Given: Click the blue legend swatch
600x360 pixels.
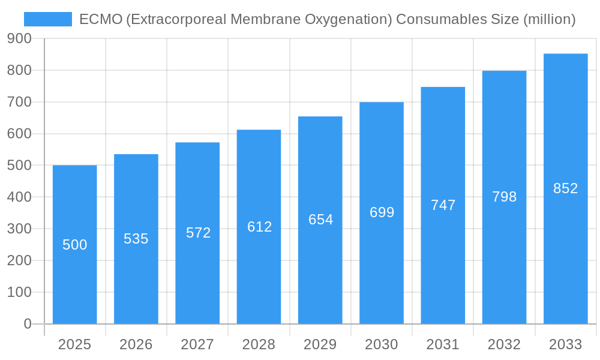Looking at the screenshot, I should pyautogui.click(x=47, y=19).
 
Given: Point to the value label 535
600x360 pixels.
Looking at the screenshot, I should pyautogui.click(x=136, y=239).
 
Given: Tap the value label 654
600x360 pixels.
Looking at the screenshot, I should pyautogui.click(x=320, y=220).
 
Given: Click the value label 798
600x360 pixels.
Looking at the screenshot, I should pyautogui.click(x=504, y=197).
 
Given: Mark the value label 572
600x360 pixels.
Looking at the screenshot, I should pyautogui.click(x=198, y=233).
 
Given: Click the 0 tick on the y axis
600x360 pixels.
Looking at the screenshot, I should pyautogui.click(x=27, y=324).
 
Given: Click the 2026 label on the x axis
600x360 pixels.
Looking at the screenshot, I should pyautogui.click(x=136, y=344).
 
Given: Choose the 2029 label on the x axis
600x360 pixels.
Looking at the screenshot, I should pyautogui.click(x=320, y=344).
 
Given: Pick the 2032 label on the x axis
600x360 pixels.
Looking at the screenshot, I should pyautogui.click(x=504, y=344).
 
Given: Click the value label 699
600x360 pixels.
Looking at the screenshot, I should pyautogui.click(x=382, y=212).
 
